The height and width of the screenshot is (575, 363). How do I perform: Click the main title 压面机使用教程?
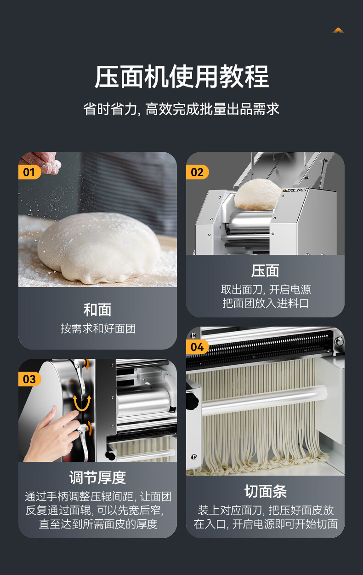click(181, 77)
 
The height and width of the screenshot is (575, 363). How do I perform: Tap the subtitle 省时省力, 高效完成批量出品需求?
click(181, 109)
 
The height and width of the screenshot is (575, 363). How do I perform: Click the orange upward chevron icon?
click(338, 30)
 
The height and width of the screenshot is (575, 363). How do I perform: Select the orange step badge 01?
click(29, 172)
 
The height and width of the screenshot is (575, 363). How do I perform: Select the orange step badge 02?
click(197, 172)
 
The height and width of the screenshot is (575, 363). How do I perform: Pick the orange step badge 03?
click(29, 379)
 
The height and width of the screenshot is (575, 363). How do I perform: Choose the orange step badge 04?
click(197, 347)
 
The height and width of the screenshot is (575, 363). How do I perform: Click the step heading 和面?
click(97, 310)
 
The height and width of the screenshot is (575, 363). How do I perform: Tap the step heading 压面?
click(265, 271)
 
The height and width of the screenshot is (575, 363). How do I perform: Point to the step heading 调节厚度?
click(97, 478)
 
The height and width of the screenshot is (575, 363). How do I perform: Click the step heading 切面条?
click(265, 492)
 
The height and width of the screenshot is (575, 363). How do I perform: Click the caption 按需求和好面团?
click(98, 328)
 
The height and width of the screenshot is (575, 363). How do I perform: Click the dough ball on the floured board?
click(99, 248)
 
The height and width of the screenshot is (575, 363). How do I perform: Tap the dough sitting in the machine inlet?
click(257, 194)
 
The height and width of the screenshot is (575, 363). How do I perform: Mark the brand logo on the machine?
click(295, 190)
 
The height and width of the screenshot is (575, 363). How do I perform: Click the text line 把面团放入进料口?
click(265, 303)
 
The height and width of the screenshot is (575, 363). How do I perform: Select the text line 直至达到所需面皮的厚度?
click(98, 524)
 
